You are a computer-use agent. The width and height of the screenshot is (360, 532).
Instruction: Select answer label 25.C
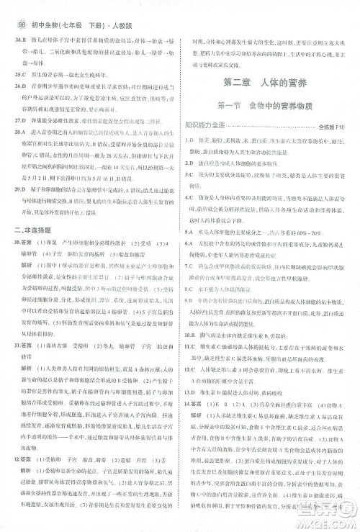(x=19, y=73)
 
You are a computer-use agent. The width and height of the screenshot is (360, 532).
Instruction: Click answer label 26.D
(x=19, y=85)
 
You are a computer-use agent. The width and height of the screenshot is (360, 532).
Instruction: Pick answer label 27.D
(x=19, y=122)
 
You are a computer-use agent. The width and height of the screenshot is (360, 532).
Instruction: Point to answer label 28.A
(x=19, y=133)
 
